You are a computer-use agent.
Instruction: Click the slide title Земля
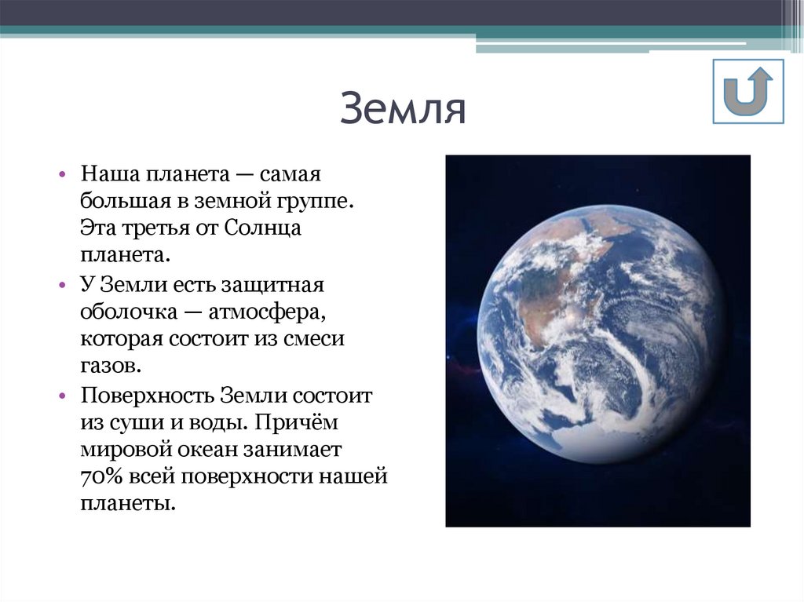pos(403,110)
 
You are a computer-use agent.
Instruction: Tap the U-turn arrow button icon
pos(748,91)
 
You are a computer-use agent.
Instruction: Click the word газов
pos(110,366)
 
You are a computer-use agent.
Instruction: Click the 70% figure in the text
pos(97,477)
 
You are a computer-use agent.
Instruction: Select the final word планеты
pos(126,504)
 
